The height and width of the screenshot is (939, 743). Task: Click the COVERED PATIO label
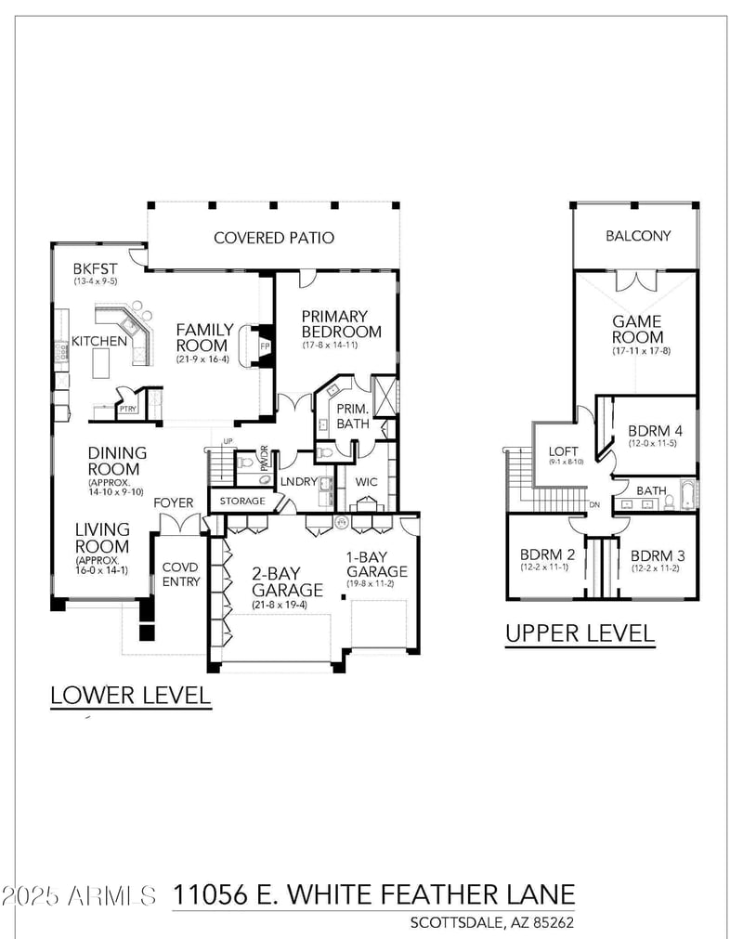pos(274,238)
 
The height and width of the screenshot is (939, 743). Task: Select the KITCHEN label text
pos(99,341)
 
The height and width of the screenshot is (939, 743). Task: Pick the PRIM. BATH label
pos(352,417)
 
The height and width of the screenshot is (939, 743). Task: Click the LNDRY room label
pos(299,481)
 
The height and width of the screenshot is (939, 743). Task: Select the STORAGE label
pos(242,502)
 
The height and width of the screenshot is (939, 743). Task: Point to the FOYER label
pos(174,502)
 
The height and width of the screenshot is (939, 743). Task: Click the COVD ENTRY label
pos(181,574)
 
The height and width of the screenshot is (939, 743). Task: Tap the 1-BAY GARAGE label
pos(376,564)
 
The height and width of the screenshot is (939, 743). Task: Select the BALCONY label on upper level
pos(638,236)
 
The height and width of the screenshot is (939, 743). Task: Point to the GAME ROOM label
pos(637,329)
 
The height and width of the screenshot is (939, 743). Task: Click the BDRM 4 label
pos(655,431)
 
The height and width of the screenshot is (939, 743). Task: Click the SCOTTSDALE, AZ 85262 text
pos(492,922)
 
